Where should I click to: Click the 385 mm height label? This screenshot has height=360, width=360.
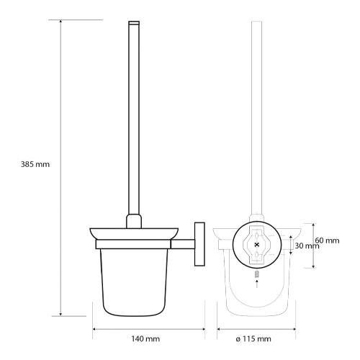(35, 164)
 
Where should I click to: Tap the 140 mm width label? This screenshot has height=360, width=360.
(145, 338)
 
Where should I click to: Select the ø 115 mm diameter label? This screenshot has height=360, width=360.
(253, 338)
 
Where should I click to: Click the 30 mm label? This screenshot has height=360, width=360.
(307, 246)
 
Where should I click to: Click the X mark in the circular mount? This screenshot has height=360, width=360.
(257, 245)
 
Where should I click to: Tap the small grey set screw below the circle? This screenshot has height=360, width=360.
(257, 274)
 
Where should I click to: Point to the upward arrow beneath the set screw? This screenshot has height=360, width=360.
(257, 284)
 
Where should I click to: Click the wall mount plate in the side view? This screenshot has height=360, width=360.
(199, 244)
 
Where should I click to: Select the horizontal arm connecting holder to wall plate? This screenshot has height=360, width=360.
(183, 244)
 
